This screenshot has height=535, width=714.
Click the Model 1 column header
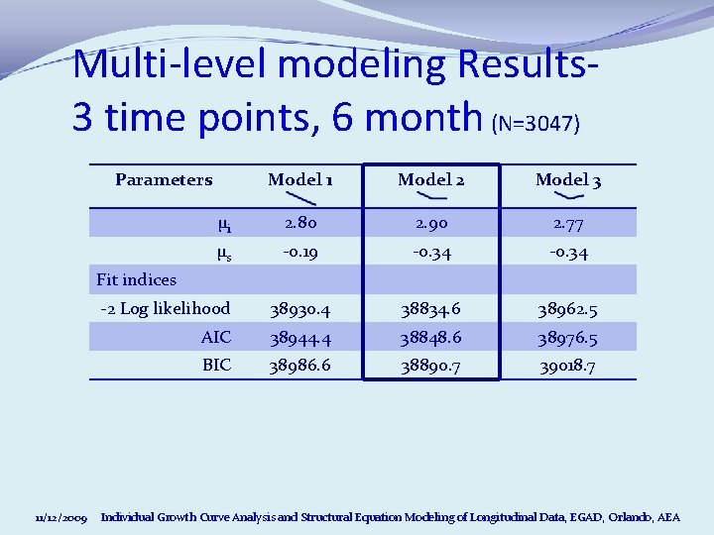300,179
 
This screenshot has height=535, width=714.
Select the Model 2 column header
430,179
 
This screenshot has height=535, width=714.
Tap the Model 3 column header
568,179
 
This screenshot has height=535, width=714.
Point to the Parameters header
164,179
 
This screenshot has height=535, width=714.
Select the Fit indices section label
136,280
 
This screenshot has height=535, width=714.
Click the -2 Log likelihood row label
166,308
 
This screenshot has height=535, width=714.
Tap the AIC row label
215,337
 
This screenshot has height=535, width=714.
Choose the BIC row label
216,365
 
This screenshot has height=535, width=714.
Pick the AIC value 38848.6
430,338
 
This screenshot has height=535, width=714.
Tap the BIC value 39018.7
568,367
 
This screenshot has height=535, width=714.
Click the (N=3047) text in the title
535,124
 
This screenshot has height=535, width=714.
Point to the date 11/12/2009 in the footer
61,518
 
